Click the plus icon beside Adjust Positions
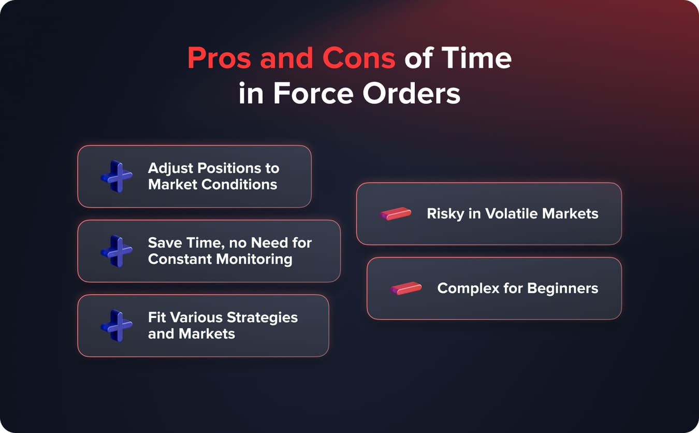point(116,177)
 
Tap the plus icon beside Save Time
point(116,251)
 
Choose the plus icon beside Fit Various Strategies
point(116,326)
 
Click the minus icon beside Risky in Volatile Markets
point(396,214)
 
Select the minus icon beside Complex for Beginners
point(406,288)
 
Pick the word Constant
point(180,259)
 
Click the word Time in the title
point(481,57)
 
